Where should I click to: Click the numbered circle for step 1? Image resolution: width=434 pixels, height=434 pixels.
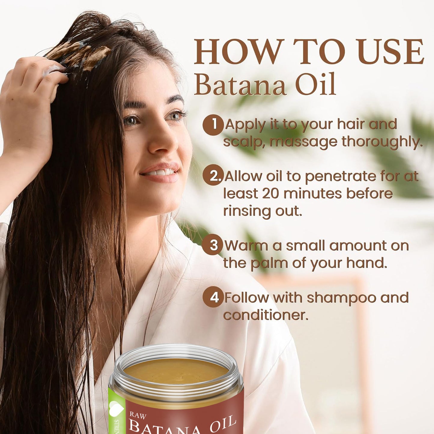pyautogui.click(x=213, y=125)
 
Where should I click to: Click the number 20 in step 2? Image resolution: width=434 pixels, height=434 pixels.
pyautogui.click(x=271, y=194)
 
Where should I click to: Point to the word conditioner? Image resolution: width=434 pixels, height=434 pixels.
pyautogui.click(x=266, y=315)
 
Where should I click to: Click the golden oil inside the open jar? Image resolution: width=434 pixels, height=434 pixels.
pyautogui.click(x=176, y=371)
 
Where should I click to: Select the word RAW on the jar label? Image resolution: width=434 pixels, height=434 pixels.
pyautogui.click(x=138, y=416)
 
